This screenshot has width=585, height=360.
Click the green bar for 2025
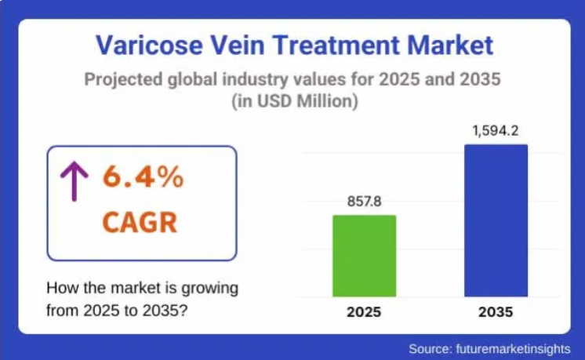(x=364, y=256)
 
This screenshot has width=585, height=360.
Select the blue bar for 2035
(x=496, y=220)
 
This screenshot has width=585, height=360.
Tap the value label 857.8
(x=364, y=202)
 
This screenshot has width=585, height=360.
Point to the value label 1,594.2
(x=496, y=131)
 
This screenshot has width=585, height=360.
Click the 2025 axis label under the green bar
(x=364, y=312)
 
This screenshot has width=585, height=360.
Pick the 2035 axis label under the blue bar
(x=496, y=312)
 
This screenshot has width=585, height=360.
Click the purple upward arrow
(x=74, y=181)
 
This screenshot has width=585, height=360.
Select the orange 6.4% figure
(x=144, y=176)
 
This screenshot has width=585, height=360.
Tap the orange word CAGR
(x=140, y=222)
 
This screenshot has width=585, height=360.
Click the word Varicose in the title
(x=149, y=45)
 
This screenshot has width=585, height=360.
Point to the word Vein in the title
(x=238, y=45)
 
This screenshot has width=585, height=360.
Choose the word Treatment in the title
(x=336, y=45)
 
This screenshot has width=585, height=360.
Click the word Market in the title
(x=450, y=45)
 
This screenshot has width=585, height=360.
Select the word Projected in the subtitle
(x=123, y=80)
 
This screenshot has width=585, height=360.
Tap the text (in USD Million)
(x=295, y=101)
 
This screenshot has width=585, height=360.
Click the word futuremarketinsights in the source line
(x=513, y=349)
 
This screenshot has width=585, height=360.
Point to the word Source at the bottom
(x=431, y=349)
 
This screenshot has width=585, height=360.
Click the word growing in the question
(x=209, y=289)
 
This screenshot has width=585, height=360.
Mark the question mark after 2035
(x=183, y=311)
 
